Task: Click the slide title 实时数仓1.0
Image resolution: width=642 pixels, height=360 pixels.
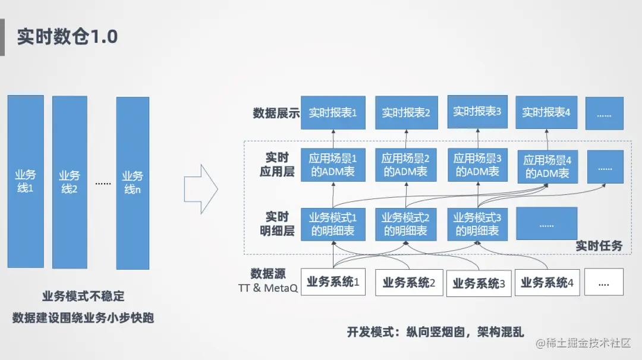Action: tap(67, 37)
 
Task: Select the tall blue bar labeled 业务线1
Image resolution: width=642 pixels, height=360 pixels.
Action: tap(26, 181)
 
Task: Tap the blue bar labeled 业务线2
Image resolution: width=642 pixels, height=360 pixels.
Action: tap(70, 182)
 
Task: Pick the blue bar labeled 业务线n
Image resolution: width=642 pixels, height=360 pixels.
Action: tap(132, 183)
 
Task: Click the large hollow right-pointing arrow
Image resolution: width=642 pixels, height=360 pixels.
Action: tap(200, 189)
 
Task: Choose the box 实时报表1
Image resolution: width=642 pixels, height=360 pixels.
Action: tap(332, 112)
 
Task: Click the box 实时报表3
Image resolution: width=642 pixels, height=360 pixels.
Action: tap(477, 111)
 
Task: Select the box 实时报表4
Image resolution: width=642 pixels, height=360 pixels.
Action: tap(546, 112)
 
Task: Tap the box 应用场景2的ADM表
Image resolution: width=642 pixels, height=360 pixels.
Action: tap(405, 165)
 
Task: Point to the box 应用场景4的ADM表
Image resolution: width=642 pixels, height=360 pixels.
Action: tap(547, 167)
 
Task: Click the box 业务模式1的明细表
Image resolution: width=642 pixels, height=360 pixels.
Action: tap(332, 224)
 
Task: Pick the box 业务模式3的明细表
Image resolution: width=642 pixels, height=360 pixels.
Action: tap(477, 224)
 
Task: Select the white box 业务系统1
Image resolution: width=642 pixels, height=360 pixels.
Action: tap(332, 282)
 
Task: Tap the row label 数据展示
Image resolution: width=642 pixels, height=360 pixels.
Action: tap(276, 113)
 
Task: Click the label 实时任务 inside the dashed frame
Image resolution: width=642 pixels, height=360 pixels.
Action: tap(599, 245)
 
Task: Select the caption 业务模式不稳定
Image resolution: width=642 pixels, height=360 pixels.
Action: tap(83, 296)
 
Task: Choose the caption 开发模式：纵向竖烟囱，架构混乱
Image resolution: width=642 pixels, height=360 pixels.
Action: tap(436, 332)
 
